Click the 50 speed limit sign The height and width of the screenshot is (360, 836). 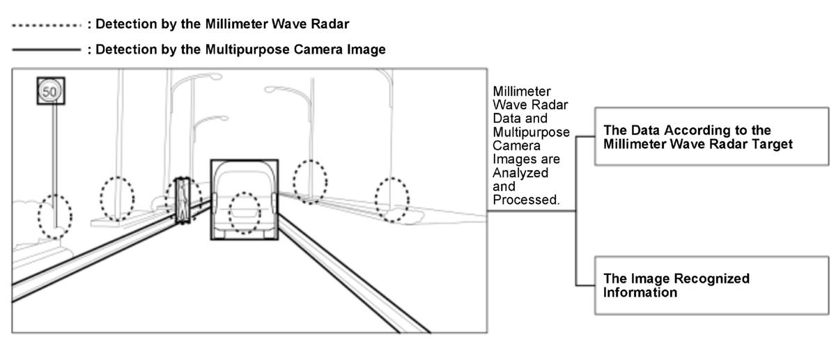click(51, 91)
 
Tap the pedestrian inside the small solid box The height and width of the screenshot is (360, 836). click(183, 201)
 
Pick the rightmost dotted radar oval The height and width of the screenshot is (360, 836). click(392, 200)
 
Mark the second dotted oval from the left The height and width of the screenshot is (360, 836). click(117, 198)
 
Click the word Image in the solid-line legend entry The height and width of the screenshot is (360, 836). click(364, 50)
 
